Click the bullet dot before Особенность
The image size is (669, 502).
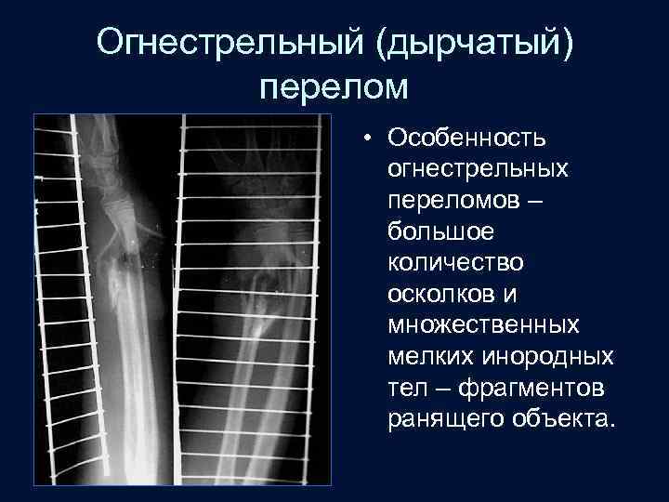369,138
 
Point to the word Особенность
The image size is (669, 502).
467,138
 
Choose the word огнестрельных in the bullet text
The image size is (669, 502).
479,169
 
